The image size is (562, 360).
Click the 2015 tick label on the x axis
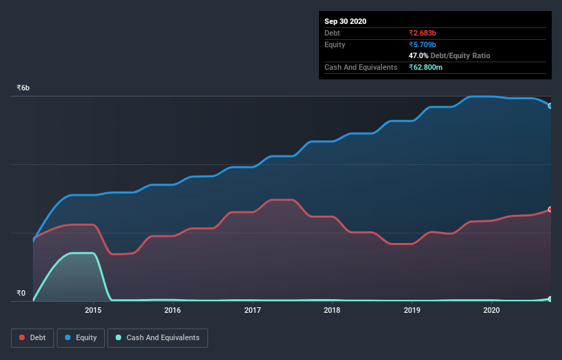(93, 310)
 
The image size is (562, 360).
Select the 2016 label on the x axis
(173, 310)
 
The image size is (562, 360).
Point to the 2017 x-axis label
(253, 310)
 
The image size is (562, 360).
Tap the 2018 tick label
(332, 310)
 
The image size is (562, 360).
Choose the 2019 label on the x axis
(412, 310)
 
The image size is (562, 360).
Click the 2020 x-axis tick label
(491, 310)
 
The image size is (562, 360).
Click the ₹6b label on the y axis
(23, 88)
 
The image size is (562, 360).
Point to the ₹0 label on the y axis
(21, 294)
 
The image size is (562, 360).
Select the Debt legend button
(33, 337)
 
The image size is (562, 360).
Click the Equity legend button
(81, 337)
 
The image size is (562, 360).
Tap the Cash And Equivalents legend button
(157, 337)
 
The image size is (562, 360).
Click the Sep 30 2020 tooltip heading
(345, 21)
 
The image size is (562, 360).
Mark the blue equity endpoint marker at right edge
(550, 105)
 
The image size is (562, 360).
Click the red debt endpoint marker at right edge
(550, 209)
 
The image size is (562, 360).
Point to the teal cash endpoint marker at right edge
(550, 299)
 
